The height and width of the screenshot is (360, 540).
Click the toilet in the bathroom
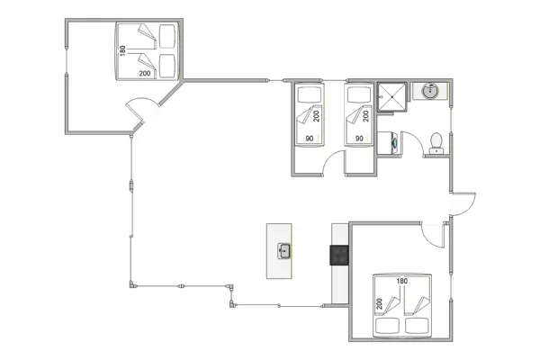tap(436, 142)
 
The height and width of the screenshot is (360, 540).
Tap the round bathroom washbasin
tap(430, 91)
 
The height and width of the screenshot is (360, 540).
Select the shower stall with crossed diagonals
tap(391, 94)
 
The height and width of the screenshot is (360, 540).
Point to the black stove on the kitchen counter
tap(340, 256)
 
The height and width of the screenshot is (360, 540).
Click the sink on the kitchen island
tap(284, 250)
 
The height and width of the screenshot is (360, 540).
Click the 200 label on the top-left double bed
tap(145, 72)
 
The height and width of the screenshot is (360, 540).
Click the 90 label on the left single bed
tap(309, 138)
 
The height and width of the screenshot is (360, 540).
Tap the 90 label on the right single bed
tap(359, 138)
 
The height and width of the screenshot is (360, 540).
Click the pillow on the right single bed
tap(357, 94)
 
